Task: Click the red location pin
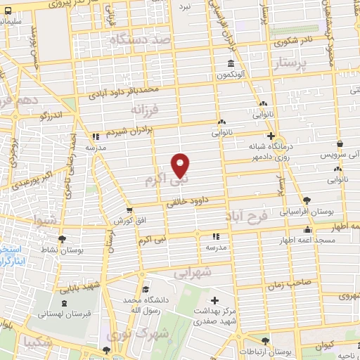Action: coord(181,165)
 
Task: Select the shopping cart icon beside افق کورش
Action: coord(129,210)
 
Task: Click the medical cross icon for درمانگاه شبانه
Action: coord(271,136)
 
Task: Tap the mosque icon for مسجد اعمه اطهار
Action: coord(307,230)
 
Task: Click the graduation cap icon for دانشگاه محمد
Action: coord(145,290)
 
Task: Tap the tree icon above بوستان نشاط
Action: coord(61,238)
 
